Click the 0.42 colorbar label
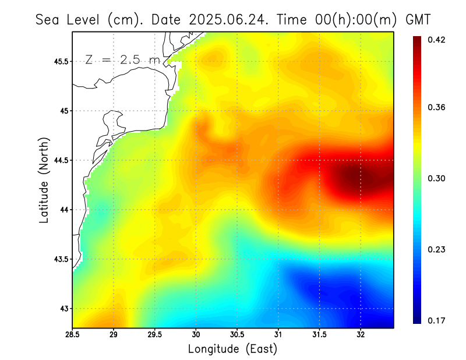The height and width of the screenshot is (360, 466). coord(436,40)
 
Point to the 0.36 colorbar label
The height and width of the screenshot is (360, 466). coord(436,107)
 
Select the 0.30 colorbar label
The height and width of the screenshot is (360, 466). coord(436,178)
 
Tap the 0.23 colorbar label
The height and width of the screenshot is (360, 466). coord(436,249)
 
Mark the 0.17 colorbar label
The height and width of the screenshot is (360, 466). coord(436,320)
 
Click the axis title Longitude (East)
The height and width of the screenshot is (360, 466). coord(232,349)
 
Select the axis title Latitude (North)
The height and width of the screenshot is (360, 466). coord(44,180)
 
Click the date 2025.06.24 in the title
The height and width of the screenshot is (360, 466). coord(230,19)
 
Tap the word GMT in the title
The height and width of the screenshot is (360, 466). coord(418,19)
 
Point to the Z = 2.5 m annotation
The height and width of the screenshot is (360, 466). coord(122,60)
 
